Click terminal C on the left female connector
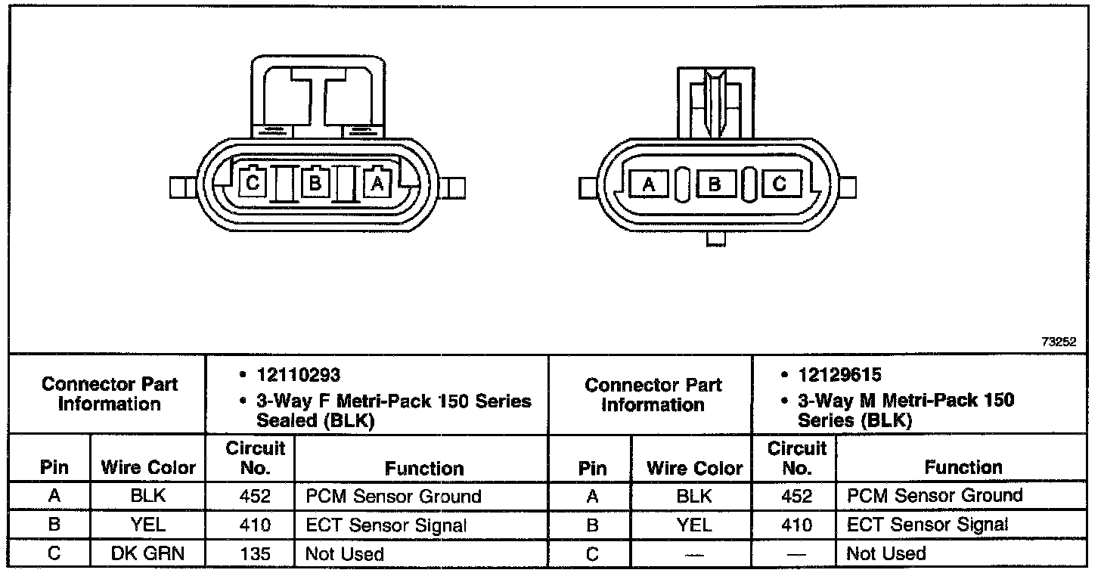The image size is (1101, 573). pyautogui.click(x=253, y=182)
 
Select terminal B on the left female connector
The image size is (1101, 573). pyautogui.click(x=315, y=182)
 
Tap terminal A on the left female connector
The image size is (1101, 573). pyautogui.click(x=377, y=182)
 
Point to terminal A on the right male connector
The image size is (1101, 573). pyautogui.click(x=649, y=184)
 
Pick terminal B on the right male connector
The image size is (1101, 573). pyautogui.click(x=715, y=184)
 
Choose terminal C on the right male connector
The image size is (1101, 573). pyautogui.click(x=781, y=184)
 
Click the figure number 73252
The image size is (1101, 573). pyautogui.click(x=1059, y=342)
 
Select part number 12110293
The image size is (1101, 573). pyautogui.click(x=299, y=376)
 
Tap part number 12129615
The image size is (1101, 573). pyautogui.click(x=840, y=375)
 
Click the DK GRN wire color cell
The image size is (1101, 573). pyautogui.click(x=147, y=553)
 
